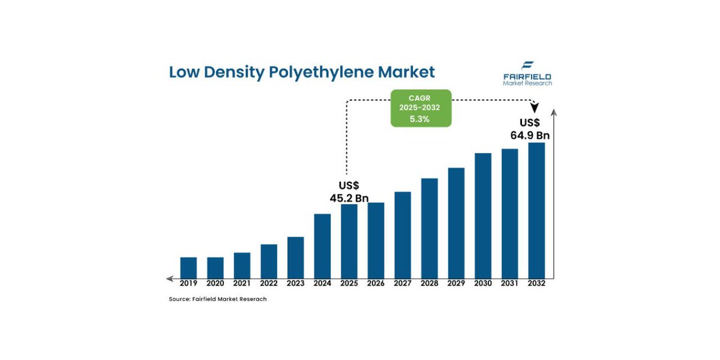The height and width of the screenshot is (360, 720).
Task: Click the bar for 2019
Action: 188,268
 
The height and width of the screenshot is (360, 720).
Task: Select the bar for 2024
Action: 322,246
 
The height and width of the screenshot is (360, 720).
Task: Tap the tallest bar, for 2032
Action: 536,210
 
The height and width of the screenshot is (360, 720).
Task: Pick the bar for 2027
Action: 403,235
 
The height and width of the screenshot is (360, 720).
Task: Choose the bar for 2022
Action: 269,261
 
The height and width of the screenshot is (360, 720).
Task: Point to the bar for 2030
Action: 483,215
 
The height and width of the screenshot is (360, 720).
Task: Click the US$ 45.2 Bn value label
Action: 349,191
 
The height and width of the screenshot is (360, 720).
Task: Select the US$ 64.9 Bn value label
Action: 530,129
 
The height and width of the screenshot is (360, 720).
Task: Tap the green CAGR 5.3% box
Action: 421,109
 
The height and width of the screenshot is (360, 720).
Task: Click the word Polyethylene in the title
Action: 320,73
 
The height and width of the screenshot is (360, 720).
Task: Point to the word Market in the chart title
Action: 407,72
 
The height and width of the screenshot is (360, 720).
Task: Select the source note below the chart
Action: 218,299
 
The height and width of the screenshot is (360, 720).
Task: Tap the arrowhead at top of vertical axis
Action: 553,112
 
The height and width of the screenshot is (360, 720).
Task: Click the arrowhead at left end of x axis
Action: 170,278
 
